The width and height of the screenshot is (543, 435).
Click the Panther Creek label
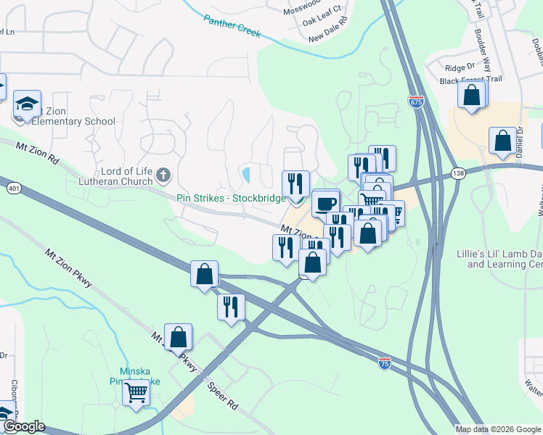coord(232,27)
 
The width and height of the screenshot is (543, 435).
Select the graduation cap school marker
coord(27,105)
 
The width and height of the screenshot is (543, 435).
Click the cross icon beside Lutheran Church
coord(163,175)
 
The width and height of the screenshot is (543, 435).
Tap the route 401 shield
coord(15,188)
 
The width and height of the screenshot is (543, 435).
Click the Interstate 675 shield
coord(416,102)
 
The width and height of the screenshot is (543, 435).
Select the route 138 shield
coord(457,173)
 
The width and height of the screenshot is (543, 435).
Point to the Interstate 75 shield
coord(385,363)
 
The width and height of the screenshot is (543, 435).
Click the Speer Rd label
coord(222,395)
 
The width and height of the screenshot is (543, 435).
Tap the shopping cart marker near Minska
coord(136,392)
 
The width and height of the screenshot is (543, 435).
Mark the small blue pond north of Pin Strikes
coord(246,175)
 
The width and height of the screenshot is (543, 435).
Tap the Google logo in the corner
coord(24,426)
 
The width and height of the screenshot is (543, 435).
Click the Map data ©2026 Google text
coord(497,429)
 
